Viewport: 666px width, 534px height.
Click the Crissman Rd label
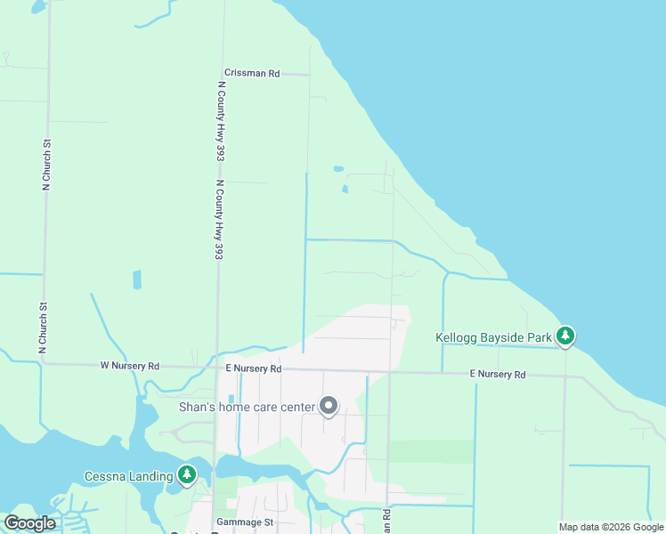pyautogui.click(x=252, y=73)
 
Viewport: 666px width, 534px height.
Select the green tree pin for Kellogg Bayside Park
pyautogui.click(x=564, y=336)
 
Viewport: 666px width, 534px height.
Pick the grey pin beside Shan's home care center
pyautogui.click(x=329, y=407)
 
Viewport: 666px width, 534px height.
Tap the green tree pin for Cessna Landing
pyautogui.click(x=187, y=474)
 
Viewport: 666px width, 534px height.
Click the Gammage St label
pyautogui.click(x=243, y=522)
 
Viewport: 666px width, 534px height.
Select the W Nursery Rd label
pyautogui.click(x=129, y=366)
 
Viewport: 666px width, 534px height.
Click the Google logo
pyautogui.click(x=29, y=523)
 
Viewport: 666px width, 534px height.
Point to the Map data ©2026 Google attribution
pyautogui.click(x=611, y=527)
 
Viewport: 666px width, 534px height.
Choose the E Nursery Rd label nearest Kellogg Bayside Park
pyautogui.click(x=498, y=375)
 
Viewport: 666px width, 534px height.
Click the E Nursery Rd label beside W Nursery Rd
pyautogui.click(x=253, y=368)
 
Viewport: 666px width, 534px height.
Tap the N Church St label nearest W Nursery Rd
pyautogui.click(x=43, y=328)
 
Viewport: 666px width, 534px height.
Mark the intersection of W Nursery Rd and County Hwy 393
pyautogui.click(x=216, y=367)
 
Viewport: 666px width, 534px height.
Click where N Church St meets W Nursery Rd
pyautogui.click(x=44, y=363)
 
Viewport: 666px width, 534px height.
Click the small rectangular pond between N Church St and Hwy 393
pyautogui.click(x=136, y=279)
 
